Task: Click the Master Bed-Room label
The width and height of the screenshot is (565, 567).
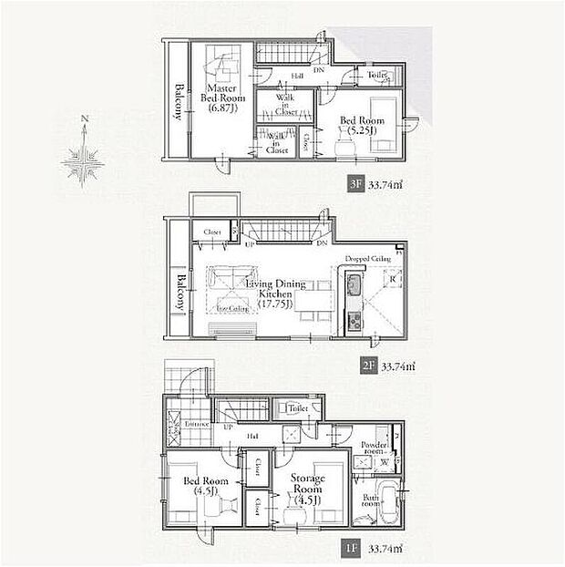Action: [x=220, y=95]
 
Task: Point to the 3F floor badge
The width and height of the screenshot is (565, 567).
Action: [x=356, y=181]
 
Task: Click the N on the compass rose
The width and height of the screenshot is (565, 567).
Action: [x=84, y=119]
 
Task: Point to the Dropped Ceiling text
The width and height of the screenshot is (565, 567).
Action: [x=367, y=259]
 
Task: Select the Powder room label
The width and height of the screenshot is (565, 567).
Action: [x=377, y=448]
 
